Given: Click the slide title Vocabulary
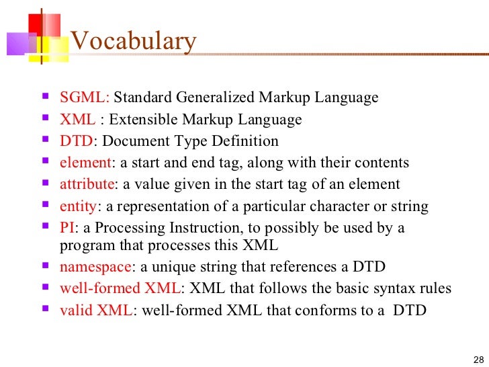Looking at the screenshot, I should pos(133,42).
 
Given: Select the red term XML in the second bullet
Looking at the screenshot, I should pos(77,120).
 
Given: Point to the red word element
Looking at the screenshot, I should pos(85,163).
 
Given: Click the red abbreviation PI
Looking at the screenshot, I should pos(66,228).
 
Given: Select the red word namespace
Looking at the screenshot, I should pos(95,267).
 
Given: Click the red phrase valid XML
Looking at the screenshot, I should pos(96,311).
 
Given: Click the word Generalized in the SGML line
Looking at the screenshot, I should pos(215,98).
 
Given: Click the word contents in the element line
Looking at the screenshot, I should pos(383,163).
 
